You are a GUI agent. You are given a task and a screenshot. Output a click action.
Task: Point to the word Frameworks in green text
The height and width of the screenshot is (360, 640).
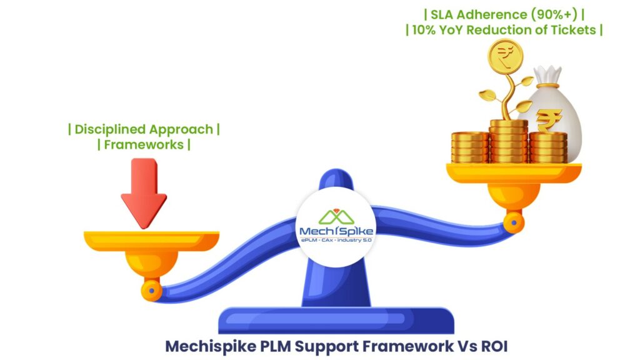click(x=144, y=145)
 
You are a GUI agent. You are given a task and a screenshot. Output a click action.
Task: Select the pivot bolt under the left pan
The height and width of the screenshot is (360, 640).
click(x=151, y=289)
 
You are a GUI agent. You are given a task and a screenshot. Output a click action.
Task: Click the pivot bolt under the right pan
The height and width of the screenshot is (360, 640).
click(x=514, y=220)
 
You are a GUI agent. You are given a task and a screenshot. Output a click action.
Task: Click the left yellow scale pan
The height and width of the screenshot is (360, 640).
click(x=151, y=241)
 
